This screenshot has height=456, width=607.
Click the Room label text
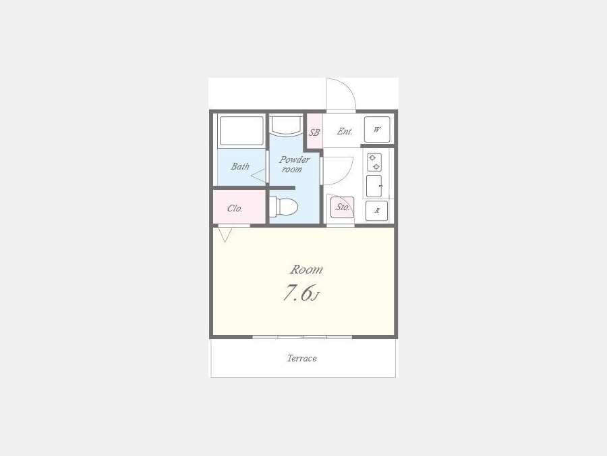(306, 270)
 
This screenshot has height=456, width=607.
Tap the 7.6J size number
(301, 293)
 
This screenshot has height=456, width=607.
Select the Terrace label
(302, 358)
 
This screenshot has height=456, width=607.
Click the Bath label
(240, 166)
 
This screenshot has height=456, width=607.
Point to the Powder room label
(294, 164)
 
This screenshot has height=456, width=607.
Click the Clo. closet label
(235, 209)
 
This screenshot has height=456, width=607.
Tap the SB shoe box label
(314, 132)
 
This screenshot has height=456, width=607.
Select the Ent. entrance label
(345, 132)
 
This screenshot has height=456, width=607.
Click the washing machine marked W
(377, 130)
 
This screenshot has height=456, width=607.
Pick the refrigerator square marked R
(376, 211)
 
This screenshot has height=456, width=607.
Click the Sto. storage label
(343, 207)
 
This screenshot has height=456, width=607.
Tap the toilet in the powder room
(284, 206)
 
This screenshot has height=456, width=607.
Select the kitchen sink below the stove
(374, 186)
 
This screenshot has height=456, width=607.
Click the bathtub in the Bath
(241, 131)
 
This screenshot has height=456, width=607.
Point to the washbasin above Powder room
(287, 125)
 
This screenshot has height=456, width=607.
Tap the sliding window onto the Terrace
(302, 337)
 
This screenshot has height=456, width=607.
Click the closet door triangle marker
(225, 235)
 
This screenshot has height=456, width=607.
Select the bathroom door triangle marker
(258, 176)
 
